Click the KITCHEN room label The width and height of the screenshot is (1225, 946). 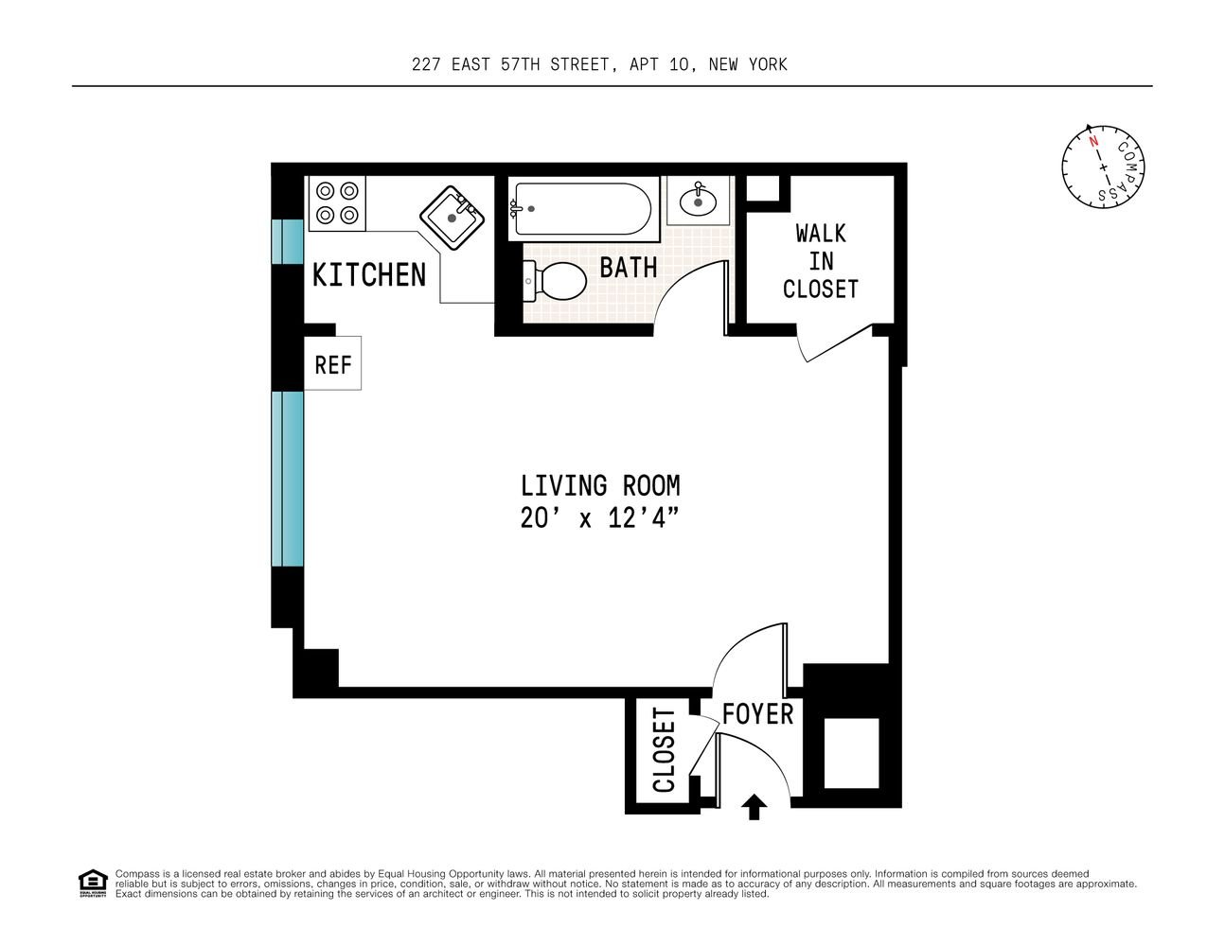[x=369, y=274]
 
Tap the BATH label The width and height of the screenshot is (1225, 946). [x=629, y=268]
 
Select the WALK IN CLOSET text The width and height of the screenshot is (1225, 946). [x=820, y=261]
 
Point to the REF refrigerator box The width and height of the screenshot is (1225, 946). [x=332, y=363]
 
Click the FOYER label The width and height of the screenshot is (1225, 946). [x=757, y=714]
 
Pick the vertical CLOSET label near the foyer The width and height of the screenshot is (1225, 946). [x=664, y=750]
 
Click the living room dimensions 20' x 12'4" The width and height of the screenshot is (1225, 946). [x=599, y=518]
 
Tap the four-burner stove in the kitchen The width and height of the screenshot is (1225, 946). [x=337, y=203]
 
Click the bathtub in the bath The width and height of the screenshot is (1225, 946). [x=583, y=209]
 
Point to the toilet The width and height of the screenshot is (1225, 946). [x=556, y=280]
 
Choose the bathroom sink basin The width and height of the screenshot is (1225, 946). [x=698, y=201]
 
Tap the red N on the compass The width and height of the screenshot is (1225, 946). [x=1093, y=141]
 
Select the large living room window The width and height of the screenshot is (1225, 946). [x=288, y=479]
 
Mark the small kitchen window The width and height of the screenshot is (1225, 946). [x=288, y=241]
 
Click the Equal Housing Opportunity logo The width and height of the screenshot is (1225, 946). [x=93, y=884]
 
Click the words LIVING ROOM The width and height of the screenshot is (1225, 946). [x=600, y=486]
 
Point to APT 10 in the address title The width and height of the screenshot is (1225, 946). [x=659, y=64]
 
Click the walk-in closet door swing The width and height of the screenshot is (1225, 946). [x=833, y=342]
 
